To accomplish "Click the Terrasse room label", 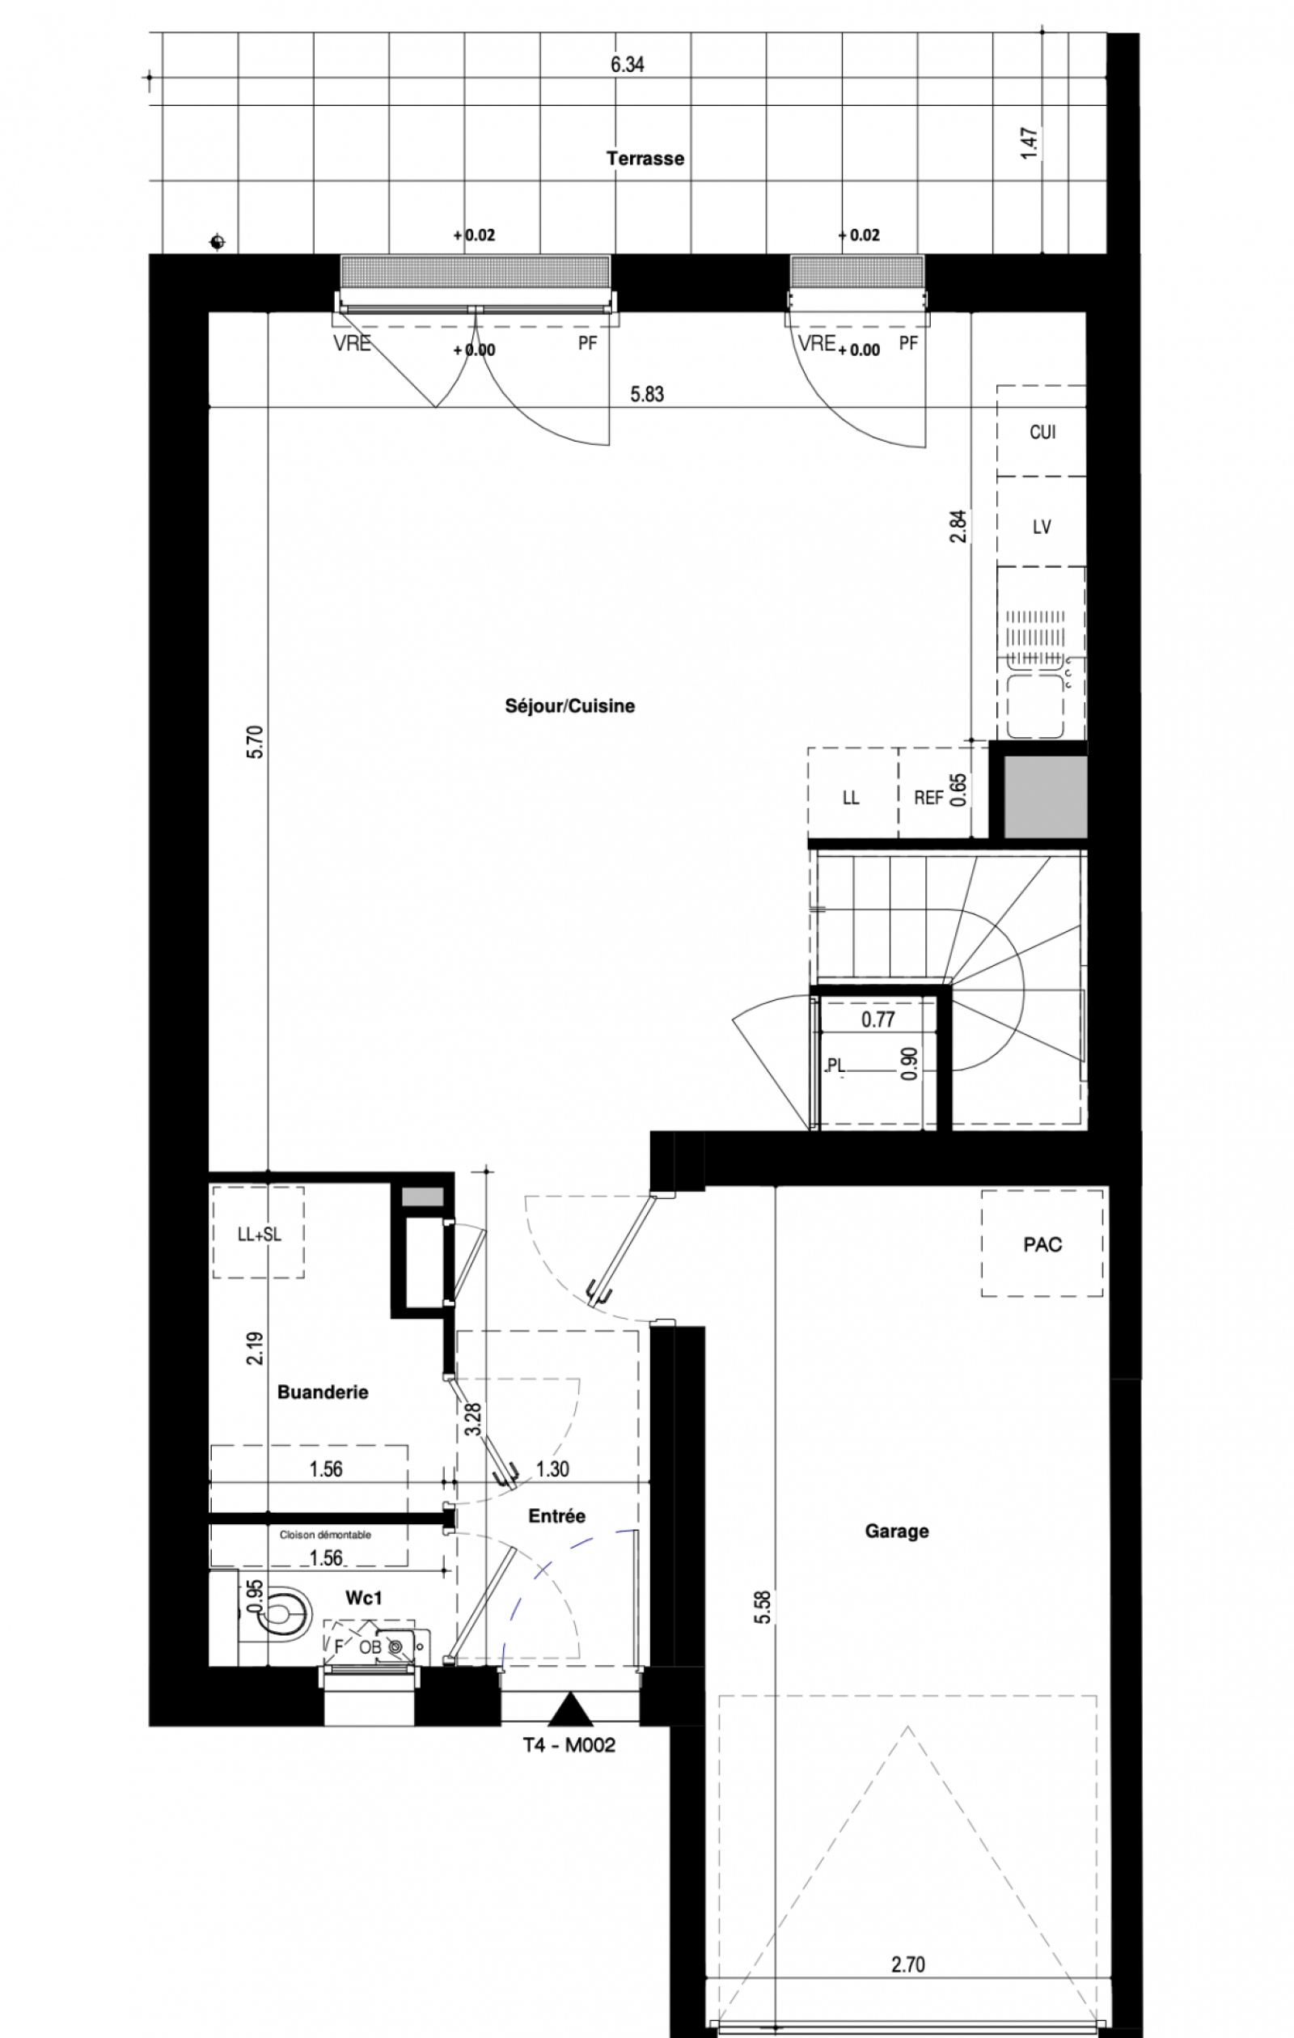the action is [x=645, y=159].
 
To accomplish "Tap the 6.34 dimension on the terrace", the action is [x=627, y=65].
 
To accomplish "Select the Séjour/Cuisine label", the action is [x=569, y=705].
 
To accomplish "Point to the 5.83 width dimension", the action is [x=646, y=394].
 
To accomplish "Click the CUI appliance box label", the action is [x=1042, y=433].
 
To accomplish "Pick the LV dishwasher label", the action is [x=1042, y=528].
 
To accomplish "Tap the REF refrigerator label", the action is [x=928, y=797].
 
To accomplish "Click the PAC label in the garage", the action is [x=1042, y=1245].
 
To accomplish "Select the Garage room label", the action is [x=897, y=1531].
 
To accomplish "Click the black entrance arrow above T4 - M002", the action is [x=570, y=1710].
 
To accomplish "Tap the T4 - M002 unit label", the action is [x=569, y=1745].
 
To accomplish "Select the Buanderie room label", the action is [x=323, y=1392].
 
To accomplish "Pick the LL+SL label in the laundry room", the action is [x=259, y=1235].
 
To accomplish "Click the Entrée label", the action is [x=557, y=1516].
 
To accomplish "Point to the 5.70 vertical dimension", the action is [x=255, y=742].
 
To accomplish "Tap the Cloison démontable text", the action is [x=326, y=1535].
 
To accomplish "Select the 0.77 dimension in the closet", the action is [x=877, y=1020].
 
